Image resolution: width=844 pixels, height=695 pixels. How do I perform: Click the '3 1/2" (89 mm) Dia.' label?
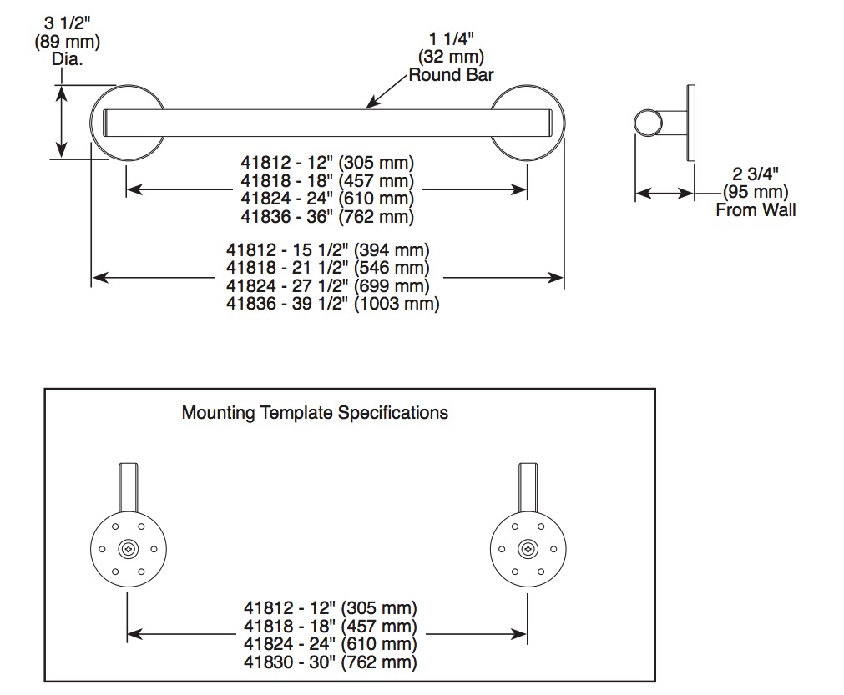(x=68, y=42)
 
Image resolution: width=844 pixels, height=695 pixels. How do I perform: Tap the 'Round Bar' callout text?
(x=451, y=75)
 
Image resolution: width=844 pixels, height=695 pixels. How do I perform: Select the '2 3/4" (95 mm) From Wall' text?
(x=756, y=192)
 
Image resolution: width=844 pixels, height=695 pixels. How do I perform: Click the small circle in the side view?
(x=648, y=123)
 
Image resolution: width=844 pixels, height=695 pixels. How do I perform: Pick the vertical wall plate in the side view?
(x=690, y=123)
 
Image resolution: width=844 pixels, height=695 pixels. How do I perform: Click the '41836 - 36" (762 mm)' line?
(x=327, y=217)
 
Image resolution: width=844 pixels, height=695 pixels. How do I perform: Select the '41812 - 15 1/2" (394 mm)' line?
(x=328, y=250)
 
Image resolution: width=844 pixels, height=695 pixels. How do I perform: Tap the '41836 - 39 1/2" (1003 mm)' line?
(x=332, y=304)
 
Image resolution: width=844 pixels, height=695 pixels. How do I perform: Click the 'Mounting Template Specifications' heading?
(x=315, y=413)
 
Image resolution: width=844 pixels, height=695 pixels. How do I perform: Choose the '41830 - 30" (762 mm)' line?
(x=331, y=662)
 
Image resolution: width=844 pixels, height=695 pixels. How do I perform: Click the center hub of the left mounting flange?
(x=128, y=549)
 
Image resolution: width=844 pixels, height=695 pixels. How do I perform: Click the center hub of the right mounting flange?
(x=528, y=549)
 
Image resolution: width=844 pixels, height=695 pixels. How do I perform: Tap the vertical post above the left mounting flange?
(x=128, y=487)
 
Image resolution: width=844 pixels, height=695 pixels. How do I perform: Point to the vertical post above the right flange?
(x=528, y=487)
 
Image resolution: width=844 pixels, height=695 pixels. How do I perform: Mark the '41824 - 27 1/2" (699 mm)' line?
(x=328, y=285)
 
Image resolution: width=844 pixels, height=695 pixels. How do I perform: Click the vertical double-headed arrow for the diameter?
(x=62, y=122)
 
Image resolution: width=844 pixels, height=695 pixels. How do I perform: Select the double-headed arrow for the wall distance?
(x=665, y=193)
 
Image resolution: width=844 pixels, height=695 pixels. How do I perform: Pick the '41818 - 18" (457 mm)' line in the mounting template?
(x=331, y=626)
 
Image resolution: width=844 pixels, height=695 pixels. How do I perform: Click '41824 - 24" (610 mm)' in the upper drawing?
(x=327, y=199)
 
